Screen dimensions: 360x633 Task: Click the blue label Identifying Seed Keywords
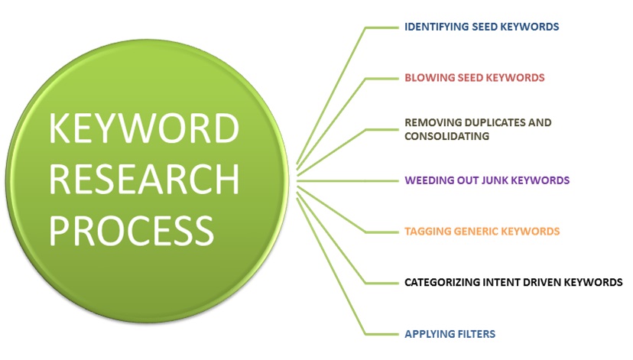(x=482, y=27)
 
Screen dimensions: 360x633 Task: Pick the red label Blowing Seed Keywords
(x=474, y=78)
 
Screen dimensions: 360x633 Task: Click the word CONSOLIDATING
(x=447, y=136)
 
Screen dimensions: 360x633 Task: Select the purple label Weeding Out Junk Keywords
(x=487, y=181)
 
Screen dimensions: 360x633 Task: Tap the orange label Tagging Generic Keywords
(x=482, y=231)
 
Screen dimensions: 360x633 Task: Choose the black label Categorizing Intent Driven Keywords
(x=514, y=282)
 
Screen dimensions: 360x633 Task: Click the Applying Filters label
(x=450, y=333)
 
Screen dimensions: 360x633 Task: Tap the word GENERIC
(x=479, y=231)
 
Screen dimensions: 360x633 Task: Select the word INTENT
(x=505, y=282)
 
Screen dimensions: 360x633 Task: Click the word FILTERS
(x=475, y=333)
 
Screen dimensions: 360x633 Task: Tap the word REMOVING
(x=432, y=122)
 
